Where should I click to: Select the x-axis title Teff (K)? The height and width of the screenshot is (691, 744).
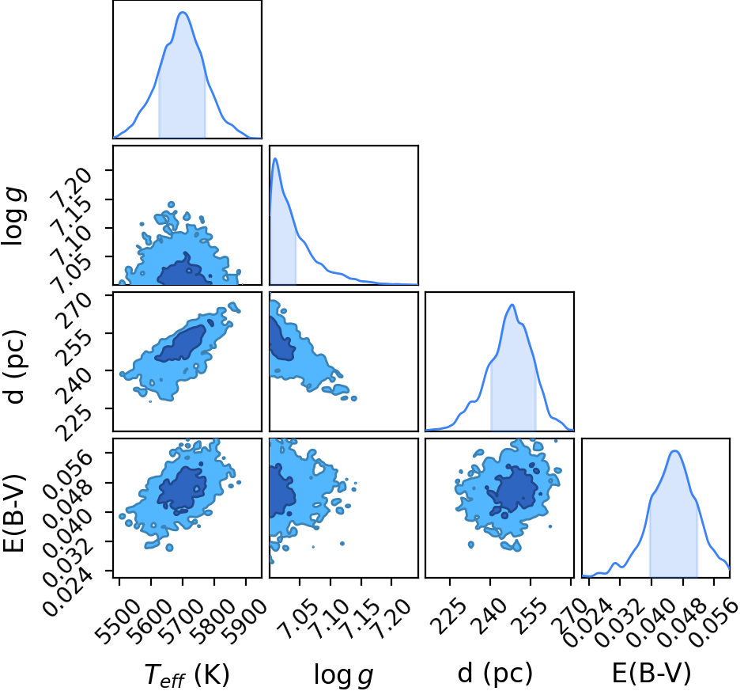[187, 674]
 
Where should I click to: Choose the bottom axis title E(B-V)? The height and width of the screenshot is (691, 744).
[651, 673]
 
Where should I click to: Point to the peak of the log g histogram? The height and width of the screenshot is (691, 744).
[275, 158]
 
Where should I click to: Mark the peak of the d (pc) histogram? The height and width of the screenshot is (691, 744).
[512, 305]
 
